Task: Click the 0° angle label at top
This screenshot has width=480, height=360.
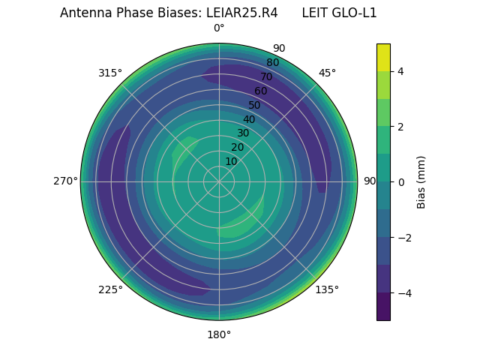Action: coord(219,28)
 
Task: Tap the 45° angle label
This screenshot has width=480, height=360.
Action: coord(327,73)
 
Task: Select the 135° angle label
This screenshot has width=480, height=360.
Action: coord(327,289)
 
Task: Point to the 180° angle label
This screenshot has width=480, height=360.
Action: coord(219,334)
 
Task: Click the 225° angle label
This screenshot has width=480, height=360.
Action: coord(110,290)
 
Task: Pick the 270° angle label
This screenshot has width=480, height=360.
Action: coord(65,181)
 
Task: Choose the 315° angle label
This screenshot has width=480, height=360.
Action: coord(110,73)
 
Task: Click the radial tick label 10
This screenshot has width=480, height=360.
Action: coord(231,161)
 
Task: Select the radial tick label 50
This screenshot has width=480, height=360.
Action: coord(255,105)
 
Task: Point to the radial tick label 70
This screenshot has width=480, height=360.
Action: coord(266,76)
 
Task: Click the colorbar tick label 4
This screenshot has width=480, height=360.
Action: coord(401,71)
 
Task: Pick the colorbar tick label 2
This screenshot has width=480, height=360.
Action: coord(401,127)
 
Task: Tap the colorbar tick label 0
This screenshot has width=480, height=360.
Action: coord(401,182)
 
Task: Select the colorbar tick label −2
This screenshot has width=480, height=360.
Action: coord(404,238)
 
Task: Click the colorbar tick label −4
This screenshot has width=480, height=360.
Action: coord(404,293)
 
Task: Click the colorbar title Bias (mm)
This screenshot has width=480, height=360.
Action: coord(421,182)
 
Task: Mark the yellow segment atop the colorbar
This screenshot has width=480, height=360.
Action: coord(383,57)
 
